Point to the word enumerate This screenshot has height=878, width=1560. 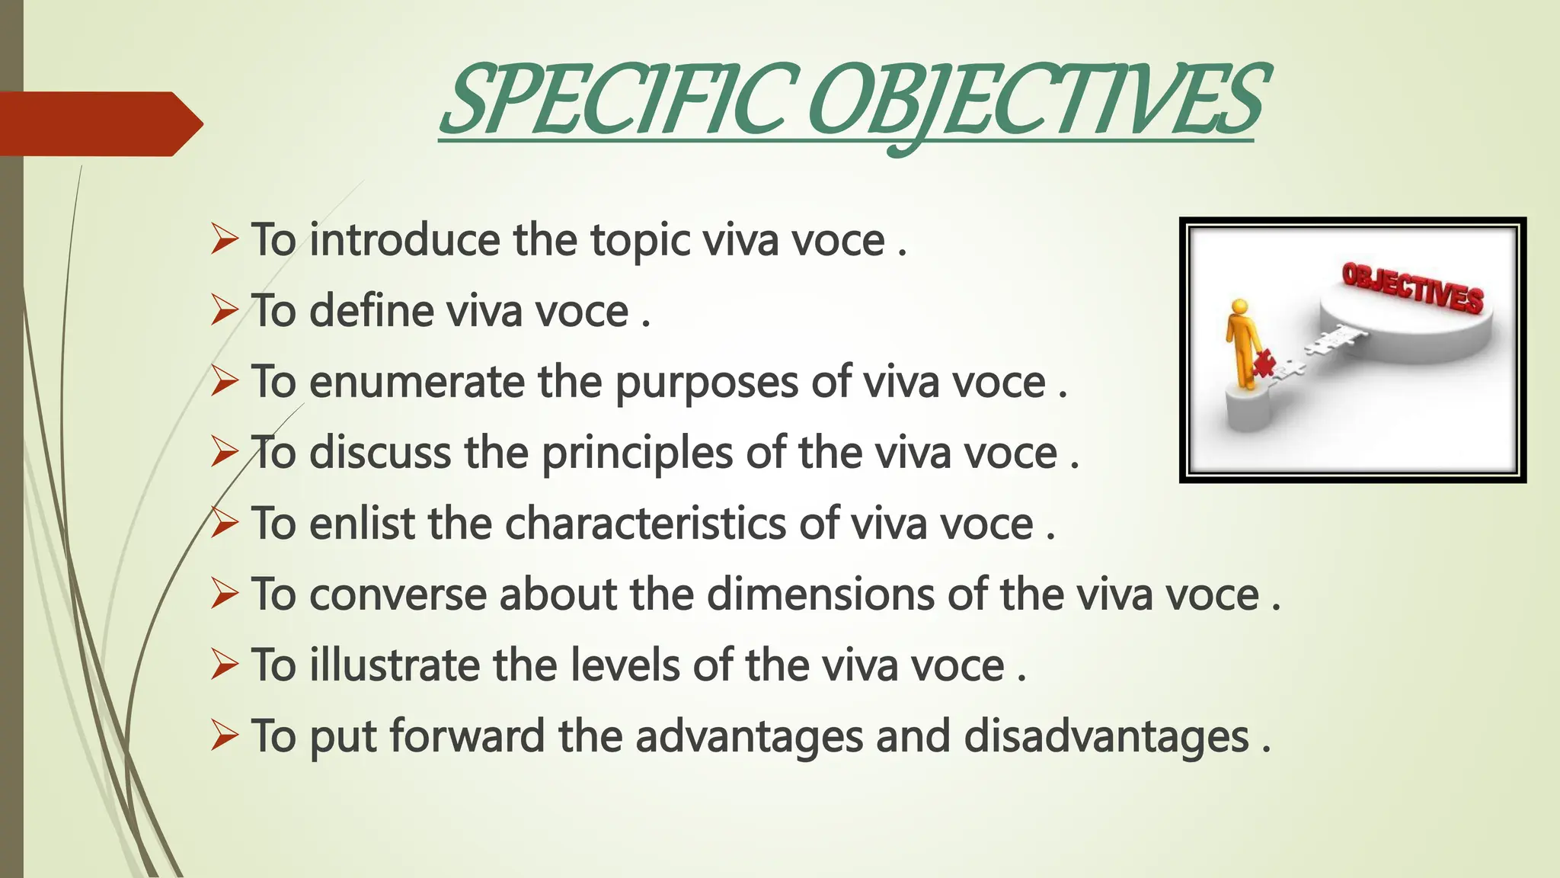coord(417,382)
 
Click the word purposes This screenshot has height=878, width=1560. coord(706,383)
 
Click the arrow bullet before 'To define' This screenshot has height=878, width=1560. coord(225,311)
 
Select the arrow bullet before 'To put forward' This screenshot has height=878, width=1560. coord(225,736)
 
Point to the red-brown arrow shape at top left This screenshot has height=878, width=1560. coord(99,123)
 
